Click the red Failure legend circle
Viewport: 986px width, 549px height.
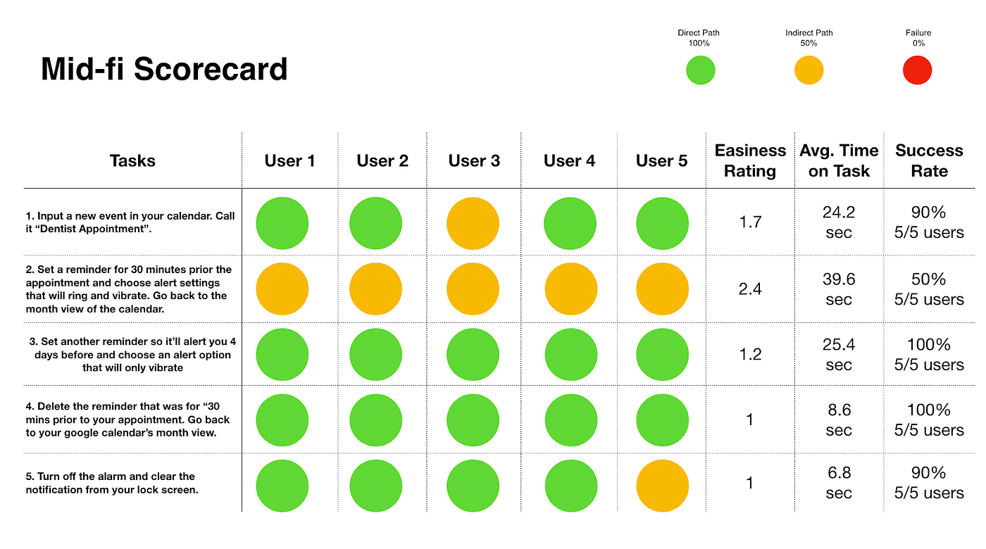(917, 70)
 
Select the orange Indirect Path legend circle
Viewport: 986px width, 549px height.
(809, 70)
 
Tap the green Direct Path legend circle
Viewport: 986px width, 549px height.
(700, 70)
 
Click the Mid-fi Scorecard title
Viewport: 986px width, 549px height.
(164, 69)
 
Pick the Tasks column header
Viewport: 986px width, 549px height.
(132, 160)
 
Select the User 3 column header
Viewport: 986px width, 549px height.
(474, 160)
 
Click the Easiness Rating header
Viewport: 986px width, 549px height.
(750, 160)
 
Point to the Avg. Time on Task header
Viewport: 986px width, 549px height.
(839, 160)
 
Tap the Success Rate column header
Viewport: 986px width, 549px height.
(929, 160)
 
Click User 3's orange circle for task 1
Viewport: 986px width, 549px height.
(473, 224)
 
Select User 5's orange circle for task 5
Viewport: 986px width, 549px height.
(662, 486)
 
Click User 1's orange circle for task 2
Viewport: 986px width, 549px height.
(282, 289)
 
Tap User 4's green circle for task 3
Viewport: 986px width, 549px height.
(570, 354)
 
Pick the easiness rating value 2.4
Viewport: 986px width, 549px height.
(750, 289)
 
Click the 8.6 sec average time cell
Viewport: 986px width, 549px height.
(839, 420)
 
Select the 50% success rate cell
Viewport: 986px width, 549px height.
(929, 289)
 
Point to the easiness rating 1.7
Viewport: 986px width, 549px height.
(750, 222)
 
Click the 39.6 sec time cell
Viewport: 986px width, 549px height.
(839, 289)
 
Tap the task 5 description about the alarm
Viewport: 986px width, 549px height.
(112, 483)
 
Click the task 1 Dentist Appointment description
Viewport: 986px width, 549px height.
(130, 222)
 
